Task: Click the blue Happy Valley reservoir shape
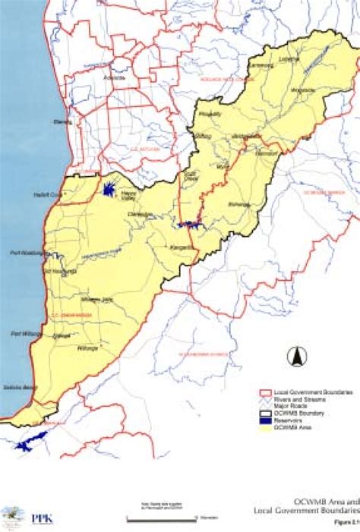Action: pos(107,187)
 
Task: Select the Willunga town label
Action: pos(88,348)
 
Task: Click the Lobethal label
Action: pos(289,58)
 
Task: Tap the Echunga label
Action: pos(238,205)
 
